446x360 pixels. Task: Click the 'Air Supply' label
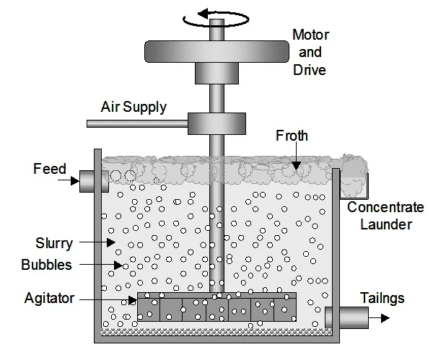click(134, 107)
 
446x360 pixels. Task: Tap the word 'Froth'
click(292, 135)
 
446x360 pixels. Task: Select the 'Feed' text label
click(50, 170)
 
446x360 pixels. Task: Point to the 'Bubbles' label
click(48, 265)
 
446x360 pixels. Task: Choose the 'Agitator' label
click(50, 298)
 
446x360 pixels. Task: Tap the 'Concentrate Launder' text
click(385, 216)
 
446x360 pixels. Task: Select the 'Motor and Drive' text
click(309, 52)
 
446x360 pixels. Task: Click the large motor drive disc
click(217, 51)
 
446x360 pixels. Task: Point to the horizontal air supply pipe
click(136, 124)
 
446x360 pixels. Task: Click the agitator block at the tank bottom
click(217, 307)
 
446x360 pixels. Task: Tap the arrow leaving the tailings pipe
click(380, 317)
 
